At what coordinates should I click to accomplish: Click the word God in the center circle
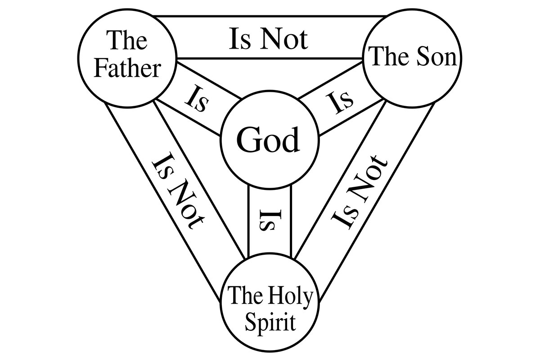coord(268,139)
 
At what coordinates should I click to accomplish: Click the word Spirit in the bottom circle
coord(270,323)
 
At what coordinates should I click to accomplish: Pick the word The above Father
coord(127,40)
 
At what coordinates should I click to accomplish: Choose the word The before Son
coord(391,56)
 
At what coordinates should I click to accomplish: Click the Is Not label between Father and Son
coord(268,39)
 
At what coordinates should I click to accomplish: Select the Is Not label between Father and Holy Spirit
coord(178,190)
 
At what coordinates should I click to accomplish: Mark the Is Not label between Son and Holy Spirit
coord(359,192)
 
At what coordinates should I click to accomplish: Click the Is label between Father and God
coord(197,101)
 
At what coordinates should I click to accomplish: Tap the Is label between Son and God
coord(340,103)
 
